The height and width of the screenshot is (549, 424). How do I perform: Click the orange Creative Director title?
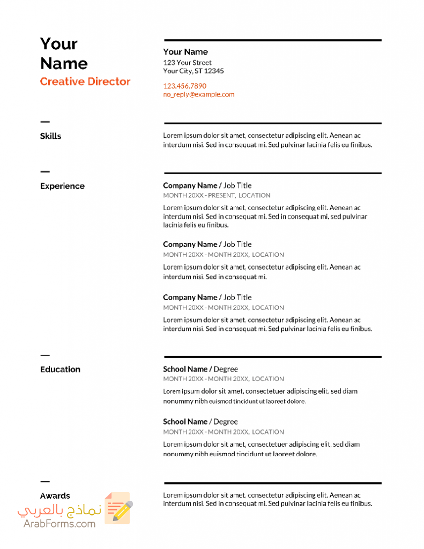pos(85,81)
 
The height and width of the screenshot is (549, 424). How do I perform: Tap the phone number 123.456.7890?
pos(184,86)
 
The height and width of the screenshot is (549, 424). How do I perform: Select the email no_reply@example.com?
pos(199,94)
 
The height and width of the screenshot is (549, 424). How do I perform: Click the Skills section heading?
pos(50,136)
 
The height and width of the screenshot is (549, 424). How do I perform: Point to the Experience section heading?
pos(62,186)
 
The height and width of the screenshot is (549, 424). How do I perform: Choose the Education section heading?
pos(60,369)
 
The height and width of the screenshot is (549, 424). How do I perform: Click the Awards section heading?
pos(55,496)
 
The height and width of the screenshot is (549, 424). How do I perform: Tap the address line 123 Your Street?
pos(187,62)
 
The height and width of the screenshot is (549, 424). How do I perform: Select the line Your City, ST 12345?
pos(194,71)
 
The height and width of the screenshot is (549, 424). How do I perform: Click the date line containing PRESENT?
pos(217,196)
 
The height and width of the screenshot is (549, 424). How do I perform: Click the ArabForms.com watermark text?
pos(59,523)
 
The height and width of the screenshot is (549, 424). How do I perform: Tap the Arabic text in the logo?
pos(59,510)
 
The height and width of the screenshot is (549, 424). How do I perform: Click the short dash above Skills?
pos(44,122)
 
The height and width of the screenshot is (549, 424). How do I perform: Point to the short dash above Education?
pos(44,355)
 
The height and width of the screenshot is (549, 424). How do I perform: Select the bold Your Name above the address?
pos(185,52)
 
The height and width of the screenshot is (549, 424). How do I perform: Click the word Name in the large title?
pos(64,63)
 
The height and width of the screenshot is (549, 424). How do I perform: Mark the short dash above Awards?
pos(44,481)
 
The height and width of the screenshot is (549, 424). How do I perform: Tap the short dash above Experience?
pos(44,172)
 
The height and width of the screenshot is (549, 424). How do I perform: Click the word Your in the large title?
pos(59,43)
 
